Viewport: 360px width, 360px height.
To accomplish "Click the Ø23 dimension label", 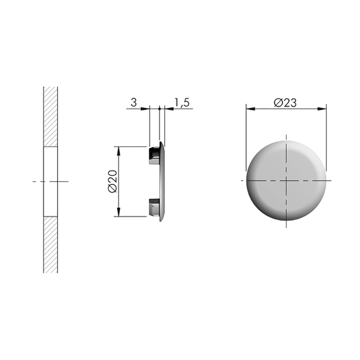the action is (285, 103).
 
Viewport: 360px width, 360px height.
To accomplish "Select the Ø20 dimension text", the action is (112, 181).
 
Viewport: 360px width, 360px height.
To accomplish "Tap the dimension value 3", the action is (134, 103).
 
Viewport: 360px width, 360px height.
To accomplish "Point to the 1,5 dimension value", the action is (182, 103).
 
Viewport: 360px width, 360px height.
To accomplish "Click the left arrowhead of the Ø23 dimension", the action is (251, 108).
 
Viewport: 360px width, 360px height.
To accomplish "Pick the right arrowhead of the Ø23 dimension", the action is (322, 108).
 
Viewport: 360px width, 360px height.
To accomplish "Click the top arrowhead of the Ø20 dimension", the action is (118, 151).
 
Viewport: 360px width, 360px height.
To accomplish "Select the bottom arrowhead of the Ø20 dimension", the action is (118, 211).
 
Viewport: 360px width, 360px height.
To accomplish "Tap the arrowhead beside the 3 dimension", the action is (145, 108).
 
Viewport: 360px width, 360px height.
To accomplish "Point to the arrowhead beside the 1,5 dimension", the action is (169, 108).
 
